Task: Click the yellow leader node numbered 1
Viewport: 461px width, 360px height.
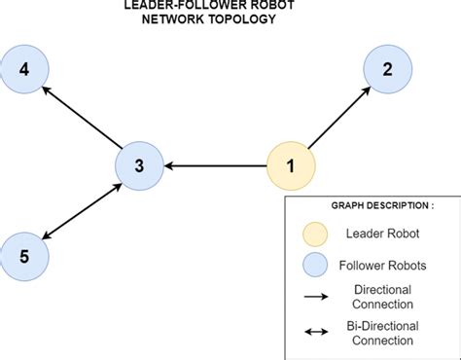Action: click(x=291, y=165)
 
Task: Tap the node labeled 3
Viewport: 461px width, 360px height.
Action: click(x=139, y=165)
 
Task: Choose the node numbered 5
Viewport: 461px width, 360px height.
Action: click(x=24, y=257)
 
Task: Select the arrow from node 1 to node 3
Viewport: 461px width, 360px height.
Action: click(x=215, y=166)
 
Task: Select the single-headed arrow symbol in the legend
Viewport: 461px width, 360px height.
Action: click(x=315, y=298)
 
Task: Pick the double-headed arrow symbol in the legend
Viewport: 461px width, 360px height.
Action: click(x=315, y=332)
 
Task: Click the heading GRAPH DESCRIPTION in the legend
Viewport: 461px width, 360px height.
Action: click(x=371, y=206)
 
